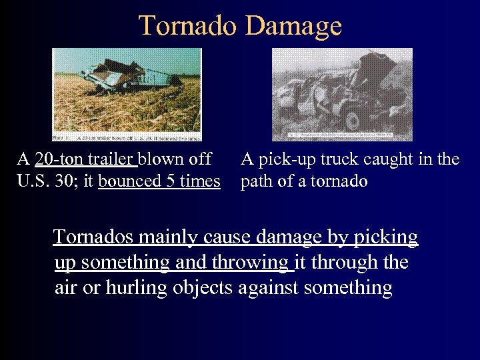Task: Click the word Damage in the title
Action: (x=293, y=27)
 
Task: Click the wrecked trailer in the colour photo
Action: (x=127, y=80)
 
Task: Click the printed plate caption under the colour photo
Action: (x=127, y=137)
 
